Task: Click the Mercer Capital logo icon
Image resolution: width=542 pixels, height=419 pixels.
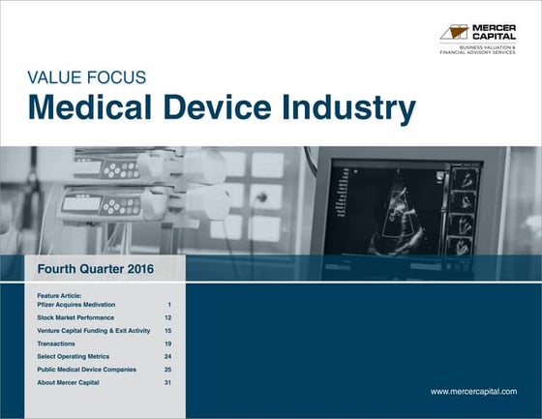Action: click(x=454, y=32)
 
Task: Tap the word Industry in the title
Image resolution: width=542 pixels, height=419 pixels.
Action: click(x=357, y=108)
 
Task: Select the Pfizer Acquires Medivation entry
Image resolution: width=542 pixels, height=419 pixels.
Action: click(x=78, y=304)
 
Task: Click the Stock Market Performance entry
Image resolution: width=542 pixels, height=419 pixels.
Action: click(x=75, y=317)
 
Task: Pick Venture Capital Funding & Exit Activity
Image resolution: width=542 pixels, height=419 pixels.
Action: click(x=94, y=331)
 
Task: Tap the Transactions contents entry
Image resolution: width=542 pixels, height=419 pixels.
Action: click(x=57, y=344)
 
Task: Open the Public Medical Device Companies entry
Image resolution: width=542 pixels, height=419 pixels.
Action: click(x=87, y=370)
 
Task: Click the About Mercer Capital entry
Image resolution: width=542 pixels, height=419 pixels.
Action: click(x=68, y=382)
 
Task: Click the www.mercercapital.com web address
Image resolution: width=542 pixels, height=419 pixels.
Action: click(x=473, y=391)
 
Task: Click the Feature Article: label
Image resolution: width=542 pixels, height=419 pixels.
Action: click(x=59, y=295)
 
